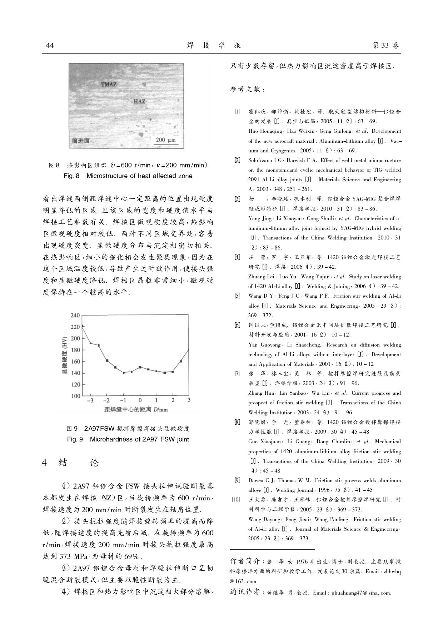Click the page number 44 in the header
coord(50,45)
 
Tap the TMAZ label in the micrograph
coord(109,84)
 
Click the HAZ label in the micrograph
coord(139,101)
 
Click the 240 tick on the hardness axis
coord(75,315)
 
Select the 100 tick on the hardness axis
coord(75,396)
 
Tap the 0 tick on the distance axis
coord(140,400)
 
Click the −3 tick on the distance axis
coord(90,400)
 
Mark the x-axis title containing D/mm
coord(136,409)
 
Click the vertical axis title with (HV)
coord(64,355)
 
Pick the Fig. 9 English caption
coord(128,439)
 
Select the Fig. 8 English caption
coord(128,176)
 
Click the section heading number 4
coord(45,463)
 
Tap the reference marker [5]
coord(237,296)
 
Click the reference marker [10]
coord(236,500)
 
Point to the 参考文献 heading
coord(247,89)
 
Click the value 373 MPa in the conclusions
coord(70,556)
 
